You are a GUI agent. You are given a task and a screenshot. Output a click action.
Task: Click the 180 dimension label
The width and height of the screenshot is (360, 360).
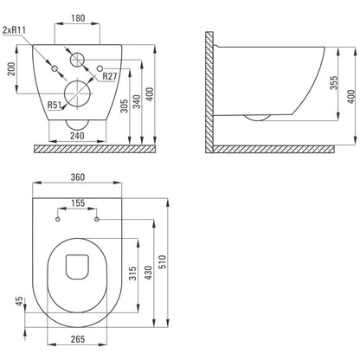[78, 18]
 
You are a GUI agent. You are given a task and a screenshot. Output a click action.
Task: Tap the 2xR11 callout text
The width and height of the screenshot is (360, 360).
[14, 30]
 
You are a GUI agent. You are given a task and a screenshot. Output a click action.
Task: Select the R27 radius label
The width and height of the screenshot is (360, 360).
[110, 76]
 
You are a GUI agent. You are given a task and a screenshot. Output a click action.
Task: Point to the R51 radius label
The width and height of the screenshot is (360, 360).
[55, 105]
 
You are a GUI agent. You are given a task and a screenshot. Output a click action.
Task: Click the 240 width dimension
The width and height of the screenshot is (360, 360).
[77, 136]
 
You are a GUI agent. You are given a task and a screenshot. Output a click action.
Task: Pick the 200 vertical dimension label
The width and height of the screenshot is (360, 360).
[11, 68]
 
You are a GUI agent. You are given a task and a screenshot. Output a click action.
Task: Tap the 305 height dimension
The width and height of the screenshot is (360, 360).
[124, 106]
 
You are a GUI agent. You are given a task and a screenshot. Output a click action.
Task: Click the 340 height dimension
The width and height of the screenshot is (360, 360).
[137, 101]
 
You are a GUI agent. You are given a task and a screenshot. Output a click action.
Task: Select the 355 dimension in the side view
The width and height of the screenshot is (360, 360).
[334, 83]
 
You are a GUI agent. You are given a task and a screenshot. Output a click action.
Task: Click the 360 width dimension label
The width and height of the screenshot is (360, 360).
[78, 177]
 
